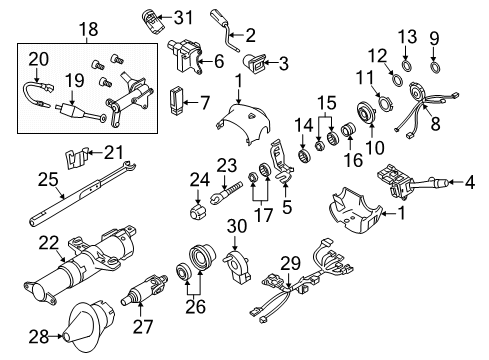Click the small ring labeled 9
pyautogui.click(x=437, y=68)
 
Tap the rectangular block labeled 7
pyautogui.click(x=181, y=102)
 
